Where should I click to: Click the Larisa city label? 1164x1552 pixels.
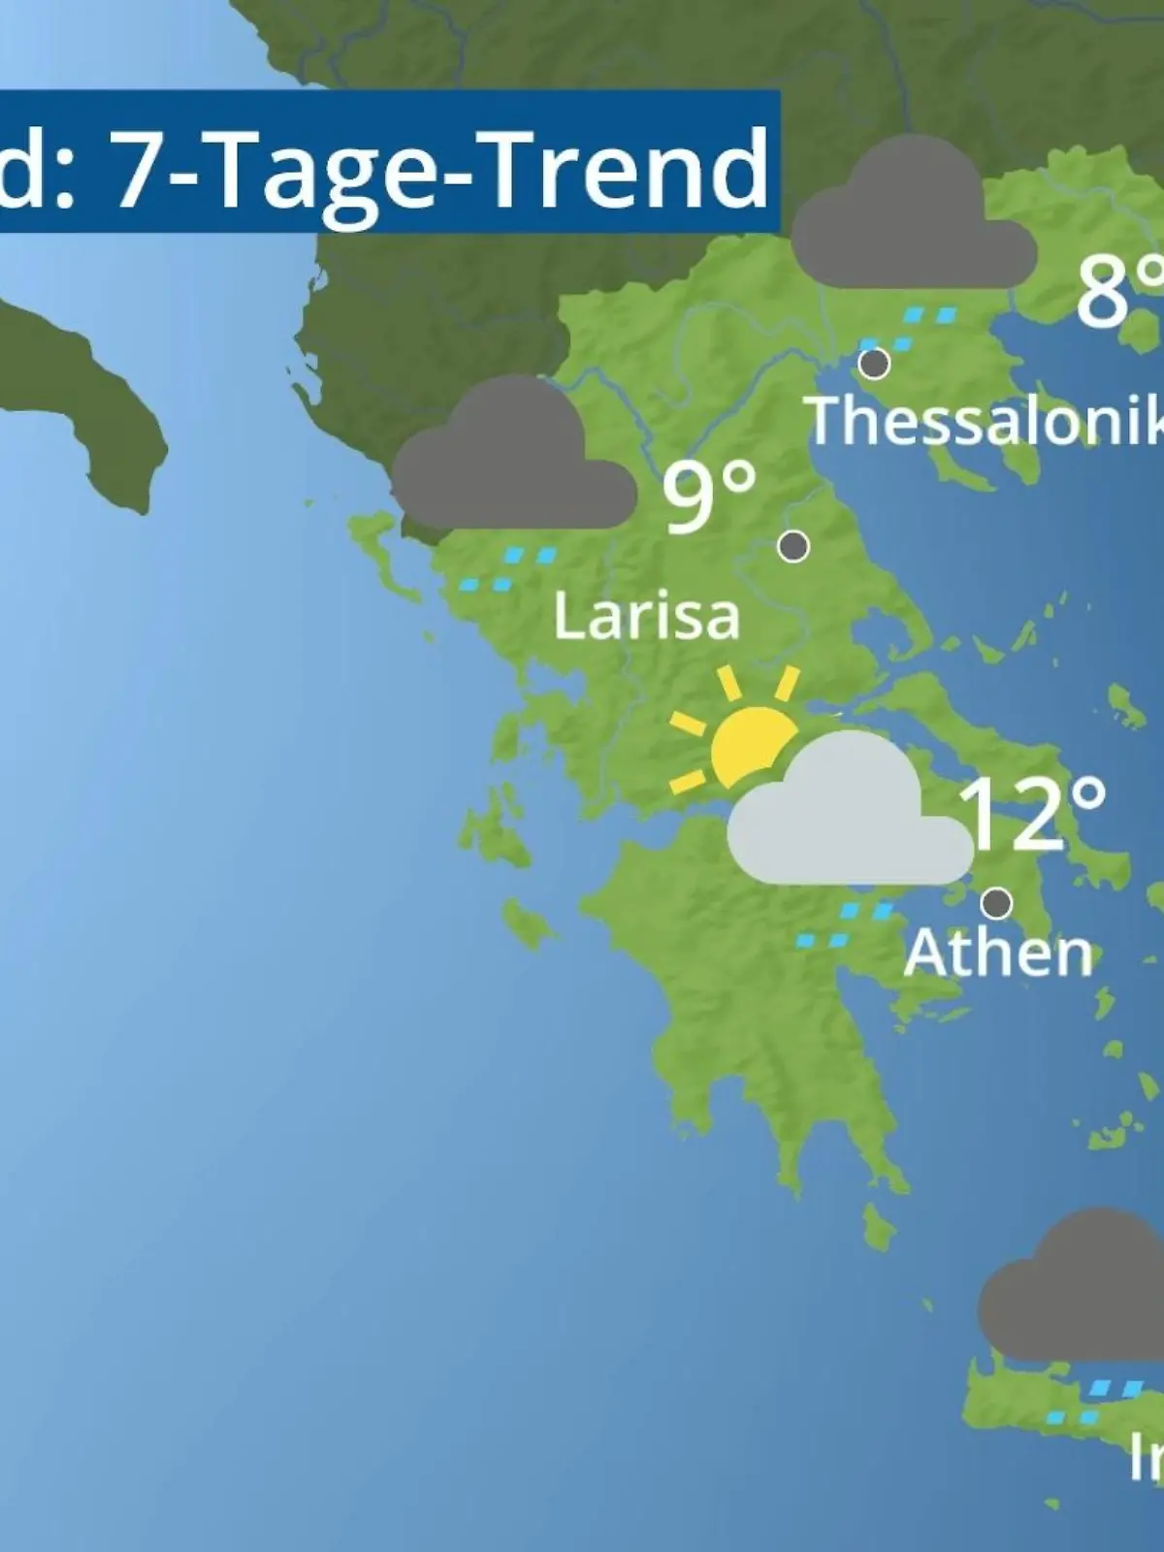tap(646, 617)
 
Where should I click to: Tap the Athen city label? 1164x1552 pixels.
tap(997, 954)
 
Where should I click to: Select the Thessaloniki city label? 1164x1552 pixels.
tap(985, 421)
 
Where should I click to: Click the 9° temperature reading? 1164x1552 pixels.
tap(708, 497)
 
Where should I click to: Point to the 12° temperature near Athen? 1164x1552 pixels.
tap(1032, 815)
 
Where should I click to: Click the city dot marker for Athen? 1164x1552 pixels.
tap(996, 903)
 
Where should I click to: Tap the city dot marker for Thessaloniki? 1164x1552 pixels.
tap(875, 364)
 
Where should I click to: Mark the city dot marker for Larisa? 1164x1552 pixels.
tap(793, 547)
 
